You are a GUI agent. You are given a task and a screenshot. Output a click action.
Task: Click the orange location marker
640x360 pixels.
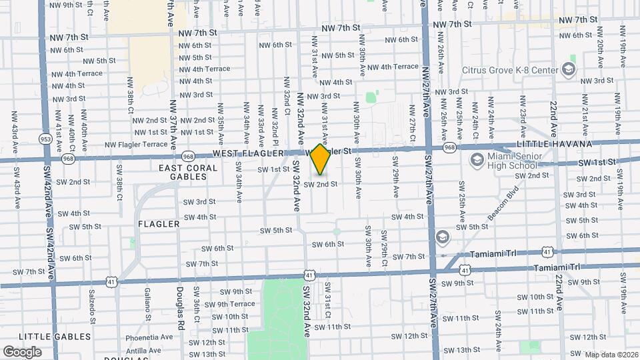tap(321, 159)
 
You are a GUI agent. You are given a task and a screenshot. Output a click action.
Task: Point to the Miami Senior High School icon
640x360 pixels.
tap(477, 159)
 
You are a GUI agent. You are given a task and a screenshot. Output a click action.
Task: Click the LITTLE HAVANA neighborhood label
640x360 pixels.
tap(554, 144)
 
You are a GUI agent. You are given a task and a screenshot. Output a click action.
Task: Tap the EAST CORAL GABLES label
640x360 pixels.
tap(188, 173)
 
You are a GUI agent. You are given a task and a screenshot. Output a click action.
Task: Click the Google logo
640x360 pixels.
tap(22, 352)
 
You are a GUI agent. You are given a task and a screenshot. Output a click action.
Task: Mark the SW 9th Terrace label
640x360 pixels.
tap(229, 304)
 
